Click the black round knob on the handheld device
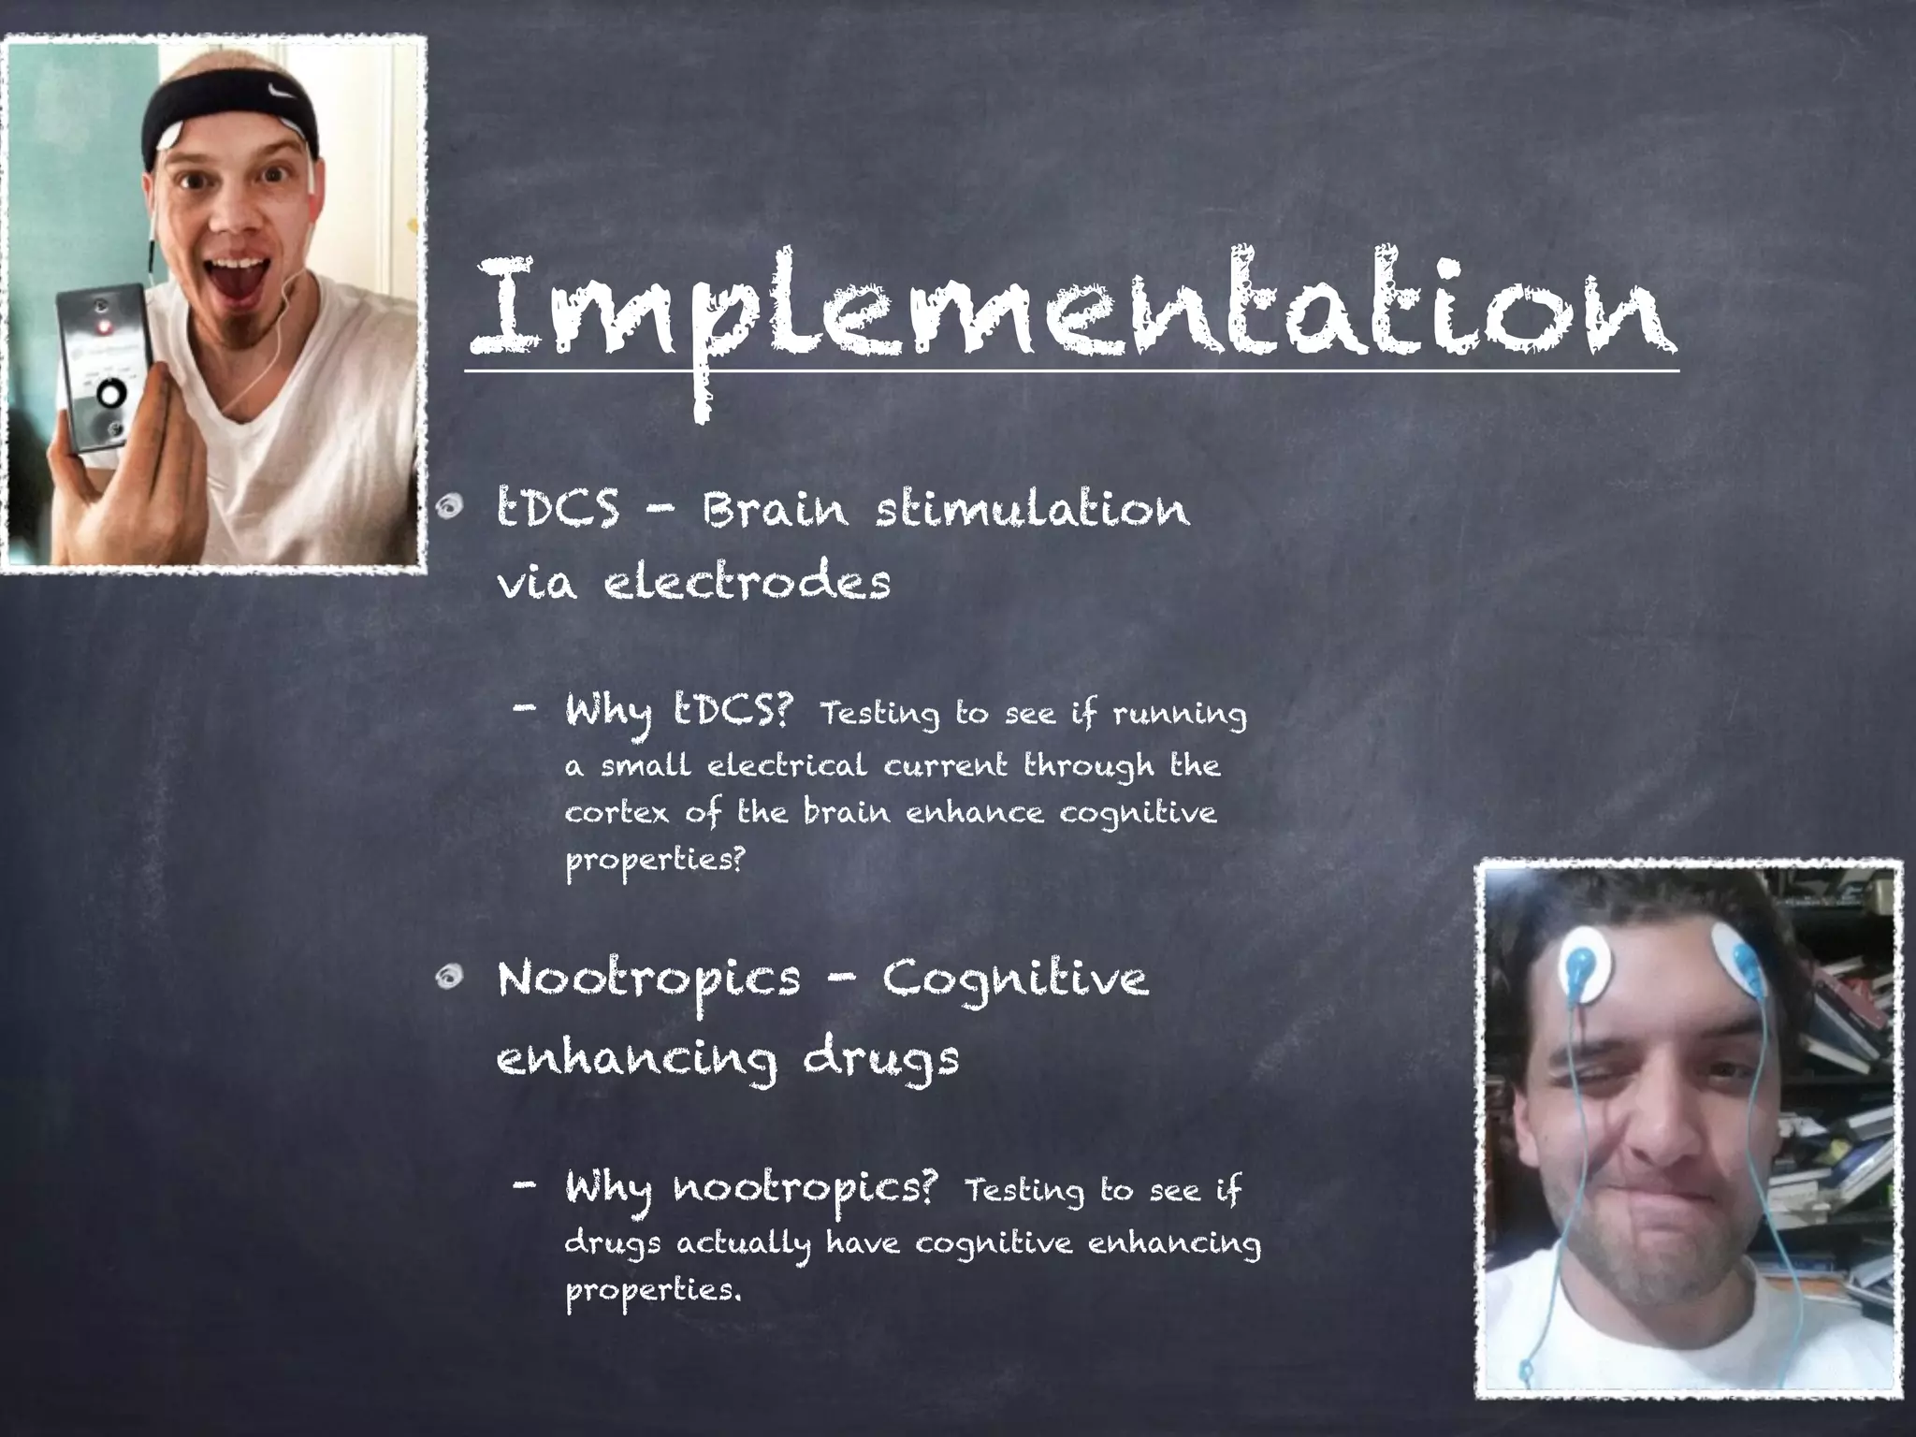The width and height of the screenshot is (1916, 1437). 110,394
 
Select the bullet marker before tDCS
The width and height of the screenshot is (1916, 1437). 449,507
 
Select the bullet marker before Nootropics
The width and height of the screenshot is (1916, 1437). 449,978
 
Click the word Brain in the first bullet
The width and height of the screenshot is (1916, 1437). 775,510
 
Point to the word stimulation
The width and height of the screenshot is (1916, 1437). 1033,510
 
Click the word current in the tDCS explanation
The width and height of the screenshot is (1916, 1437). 945,766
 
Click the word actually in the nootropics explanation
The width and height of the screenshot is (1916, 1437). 743,1245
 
